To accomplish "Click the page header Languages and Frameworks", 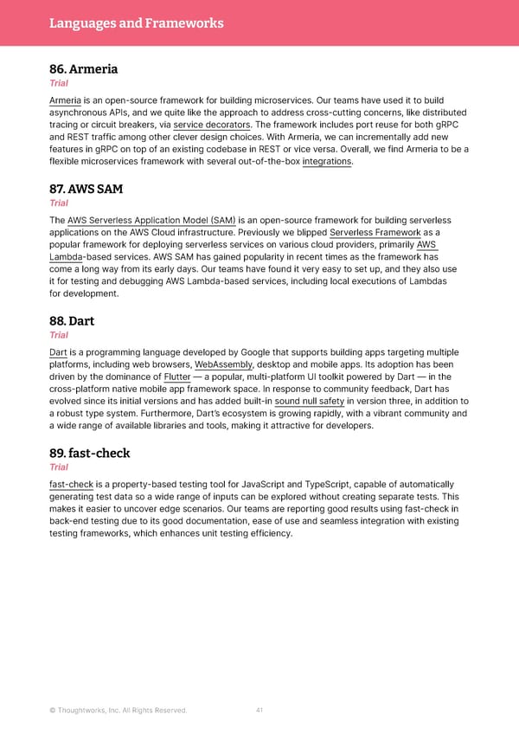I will tap(137, 23).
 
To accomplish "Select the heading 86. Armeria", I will tap(83, 69).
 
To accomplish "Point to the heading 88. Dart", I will tap(72, 321).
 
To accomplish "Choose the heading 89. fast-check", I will tap(92, 454).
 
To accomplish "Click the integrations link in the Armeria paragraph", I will tap(327, 161).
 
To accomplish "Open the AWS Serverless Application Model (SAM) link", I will tap(151, 221).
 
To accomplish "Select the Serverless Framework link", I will tap(375, 233).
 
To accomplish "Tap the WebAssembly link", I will tap(225, 365).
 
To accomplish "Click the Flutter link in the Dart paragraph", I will tap(176, 377).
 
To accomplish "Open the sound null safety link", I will tap(309, 402).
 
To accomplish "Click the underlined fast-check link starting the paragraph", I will tap(71, 485).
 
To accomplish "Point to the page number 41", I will tap(259, 711).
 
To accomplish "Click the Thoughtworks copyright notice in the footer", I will tap(119, 711).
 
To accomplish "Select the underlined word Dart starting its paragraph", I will tap(58, 353).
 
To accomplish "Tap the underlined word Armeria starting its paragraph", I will tap(66, 100).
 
